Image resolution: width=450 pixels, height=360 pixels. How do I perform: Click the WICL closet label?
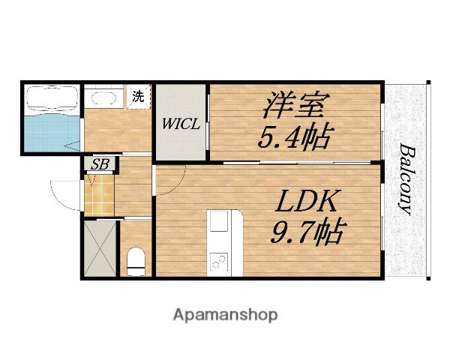click(181, 124)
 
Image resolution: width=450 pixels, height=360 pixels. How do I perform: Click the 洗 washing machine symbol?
click(138, 97)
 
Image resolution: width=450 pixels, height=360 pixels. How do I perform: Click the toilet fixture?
click(136, 260)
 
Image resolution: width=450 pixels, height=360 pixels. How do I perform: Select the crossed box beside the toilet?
click(100, 248)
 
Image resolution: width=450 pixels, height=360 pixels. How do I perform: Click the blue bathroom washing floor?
click(49, 132)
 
